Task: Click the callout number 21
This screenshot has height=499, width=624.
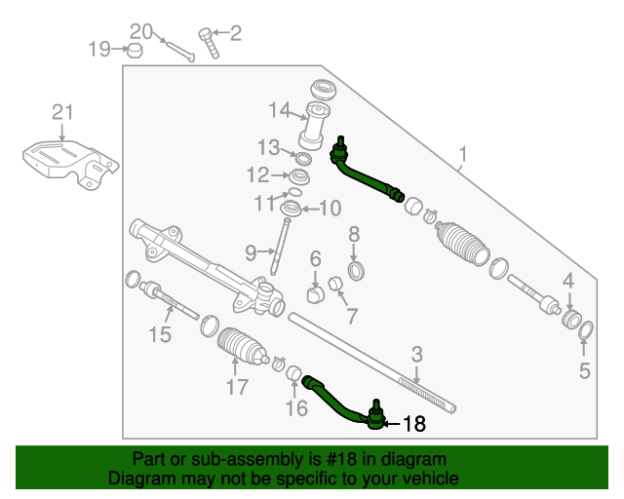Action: point(62,113)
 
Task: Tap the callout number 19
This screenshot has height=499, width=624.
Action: point(100,48)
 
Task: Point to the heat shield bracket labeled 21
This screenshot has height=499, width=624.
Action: point(69,163)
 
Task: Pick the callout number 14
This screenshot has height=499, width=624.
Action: point(281,108)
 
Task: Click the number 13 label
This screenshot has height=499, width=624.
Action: point(269,147)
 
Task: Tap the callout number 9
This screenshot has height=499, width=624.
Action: point(251,252)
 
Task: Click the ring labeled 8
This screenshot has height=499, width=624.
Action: point(356,268)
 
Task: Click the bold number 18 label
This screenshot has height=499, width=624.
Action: point(414,423)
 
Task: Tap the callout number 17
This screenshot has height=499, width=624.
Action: point(238,387)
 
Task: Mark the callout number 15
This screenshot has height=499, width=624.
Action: point(160,336)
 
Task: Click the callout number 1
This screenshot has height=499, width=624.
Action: point(464,154)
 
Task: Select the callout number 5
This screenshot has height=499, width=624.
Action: point(585,369)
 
